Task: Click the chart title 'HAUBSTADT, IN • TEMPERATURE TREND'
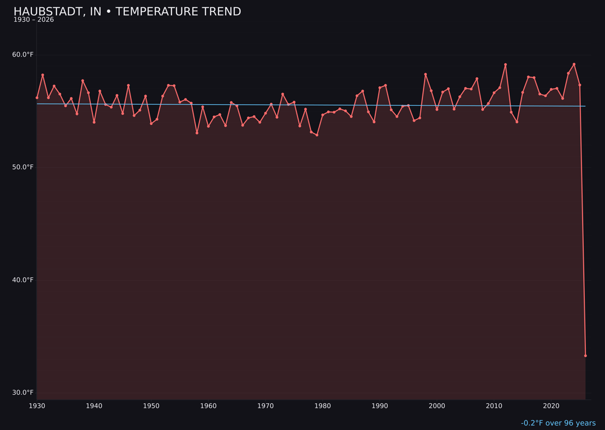[127, 12]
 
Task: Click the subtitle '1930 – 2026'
[34, 20]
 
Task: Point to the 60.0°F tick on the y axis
[23, 55]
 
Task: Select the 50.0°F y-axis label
[23, 167]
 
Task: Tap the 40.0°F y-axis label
[23, 280]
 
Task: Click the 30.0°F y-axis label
[23, 392]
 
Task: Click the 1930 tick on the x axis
[37, 406]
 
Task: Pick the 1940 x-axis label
[94, 406]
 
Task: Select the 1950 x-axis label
[151, 406]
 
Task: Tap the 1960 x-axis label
[208, 406]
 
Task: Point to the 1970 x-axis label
[266, 406]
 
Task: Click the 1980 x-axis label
[323, 406]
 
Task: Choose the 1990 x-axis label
[380, 406]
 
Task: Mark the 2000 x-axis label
[437, 406]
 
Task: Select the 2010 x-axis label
[494, 406]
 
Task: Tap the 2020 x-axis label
[551, 406]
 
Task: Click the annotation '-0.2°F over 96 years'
[558, 423]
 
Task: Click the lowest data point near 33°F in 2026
[585, 356]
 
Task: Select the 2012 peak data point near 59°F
[505, 65]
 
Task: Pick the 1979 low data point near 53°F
[317, 135]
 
